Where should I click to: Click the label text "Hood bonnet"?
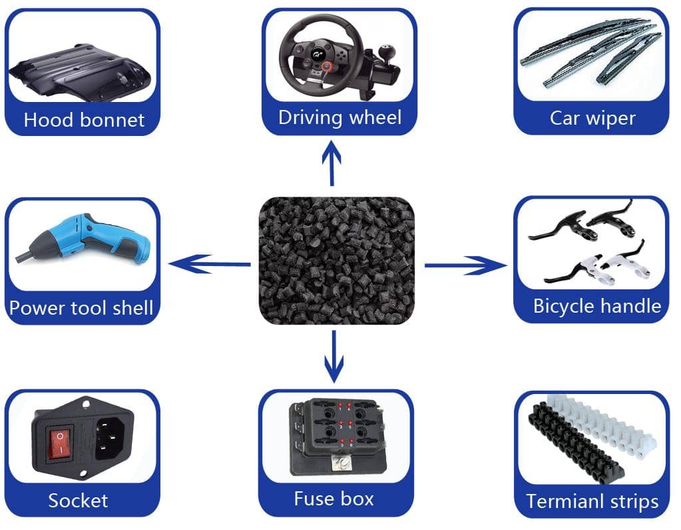(84, 120)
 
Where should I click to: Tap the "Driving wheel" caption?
(340, 118)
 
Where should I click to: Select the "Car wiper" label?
(592, 118)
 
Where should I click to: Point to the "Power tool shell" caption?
(81, 308)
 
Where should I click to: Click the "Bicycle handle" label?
(597, 305)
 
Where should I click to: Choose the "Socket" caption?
(78, 501)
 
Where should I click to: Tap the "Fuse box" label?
(334, 499)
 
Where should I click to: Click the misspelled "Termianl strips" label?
(592, 501)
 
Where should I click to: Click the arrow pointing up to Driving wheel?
(332, 163)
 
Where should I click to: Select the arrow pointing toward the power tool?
(209, 264)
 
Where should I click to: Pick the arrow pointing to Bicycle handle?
(465, 265)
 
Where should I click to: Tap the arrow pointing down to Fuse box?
(334, 357)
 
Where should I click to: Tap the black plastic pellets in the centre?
(336, 261)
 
